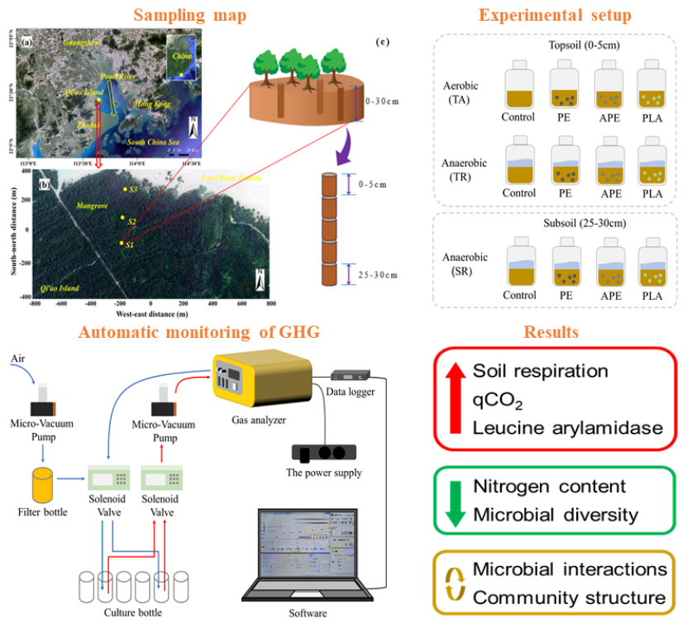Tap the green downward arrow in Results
tap(454, 500)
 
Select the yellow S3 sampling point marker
tap(125, 190)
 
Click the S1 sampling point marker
tap(122, 243)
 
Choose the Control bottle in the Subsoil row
tap(518, 264)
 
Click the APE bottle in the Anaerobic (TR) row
tap(608, 165)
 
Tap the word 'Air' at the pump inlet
tap(19, 359)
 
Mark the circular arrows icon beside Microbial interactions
tap(454, 583)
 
